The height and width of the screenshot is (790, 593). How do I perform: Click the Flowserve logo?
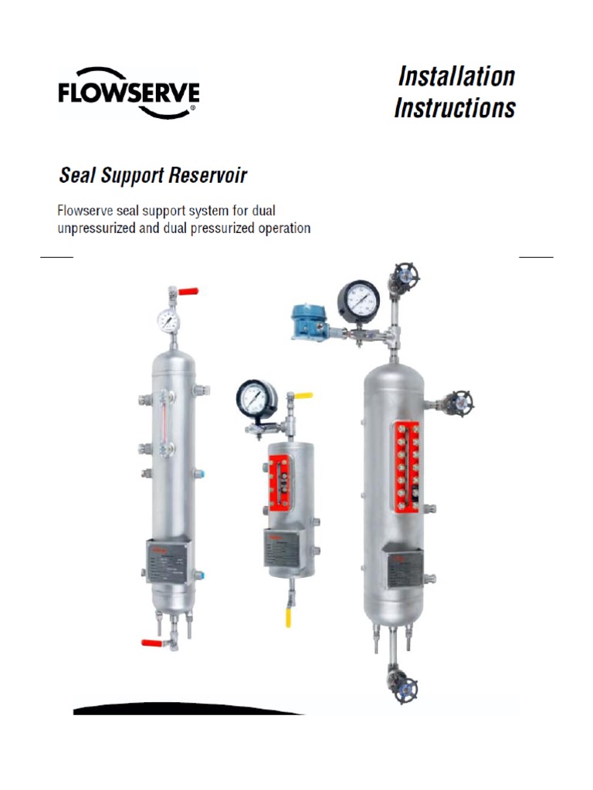[x=129, y=93]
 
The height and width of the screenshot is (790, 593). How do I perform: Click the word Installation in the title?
[x=456, y=76]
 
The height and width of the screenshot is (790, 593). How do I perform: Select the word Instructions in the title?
[x=454, y=108]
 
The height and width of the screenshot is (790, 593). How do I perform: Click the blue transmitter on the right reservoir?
[x=306, y=319]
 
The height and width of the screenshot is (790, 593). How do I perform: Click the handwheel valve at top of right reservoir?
[x=402, y=275]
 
